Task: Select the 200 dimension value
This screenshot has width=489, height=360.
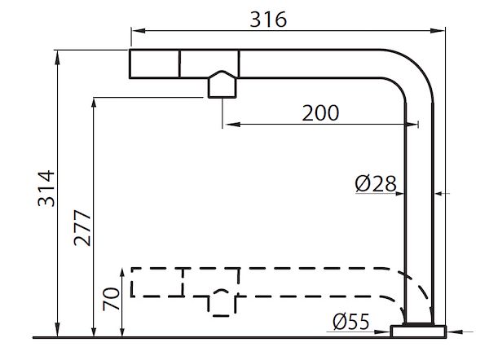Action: (320, 113)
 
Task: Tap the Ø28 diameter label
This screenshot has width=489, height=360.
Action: (376, 185)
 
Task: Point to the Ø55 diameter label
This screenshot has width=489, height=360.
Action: (352, 322)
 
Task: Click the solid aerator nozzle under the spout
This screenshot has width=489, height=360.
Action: (222, 86)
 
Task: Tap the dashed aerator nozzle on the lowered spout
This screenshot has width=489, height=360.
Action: (222, 302)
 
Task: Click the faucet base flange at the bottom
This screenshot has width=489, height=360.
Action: (419, 331)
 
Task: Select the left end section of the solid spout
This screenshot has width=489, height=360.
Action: (155, 62)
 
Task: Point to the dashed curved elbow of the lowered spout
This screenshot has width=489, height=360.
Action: (415, 289)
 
